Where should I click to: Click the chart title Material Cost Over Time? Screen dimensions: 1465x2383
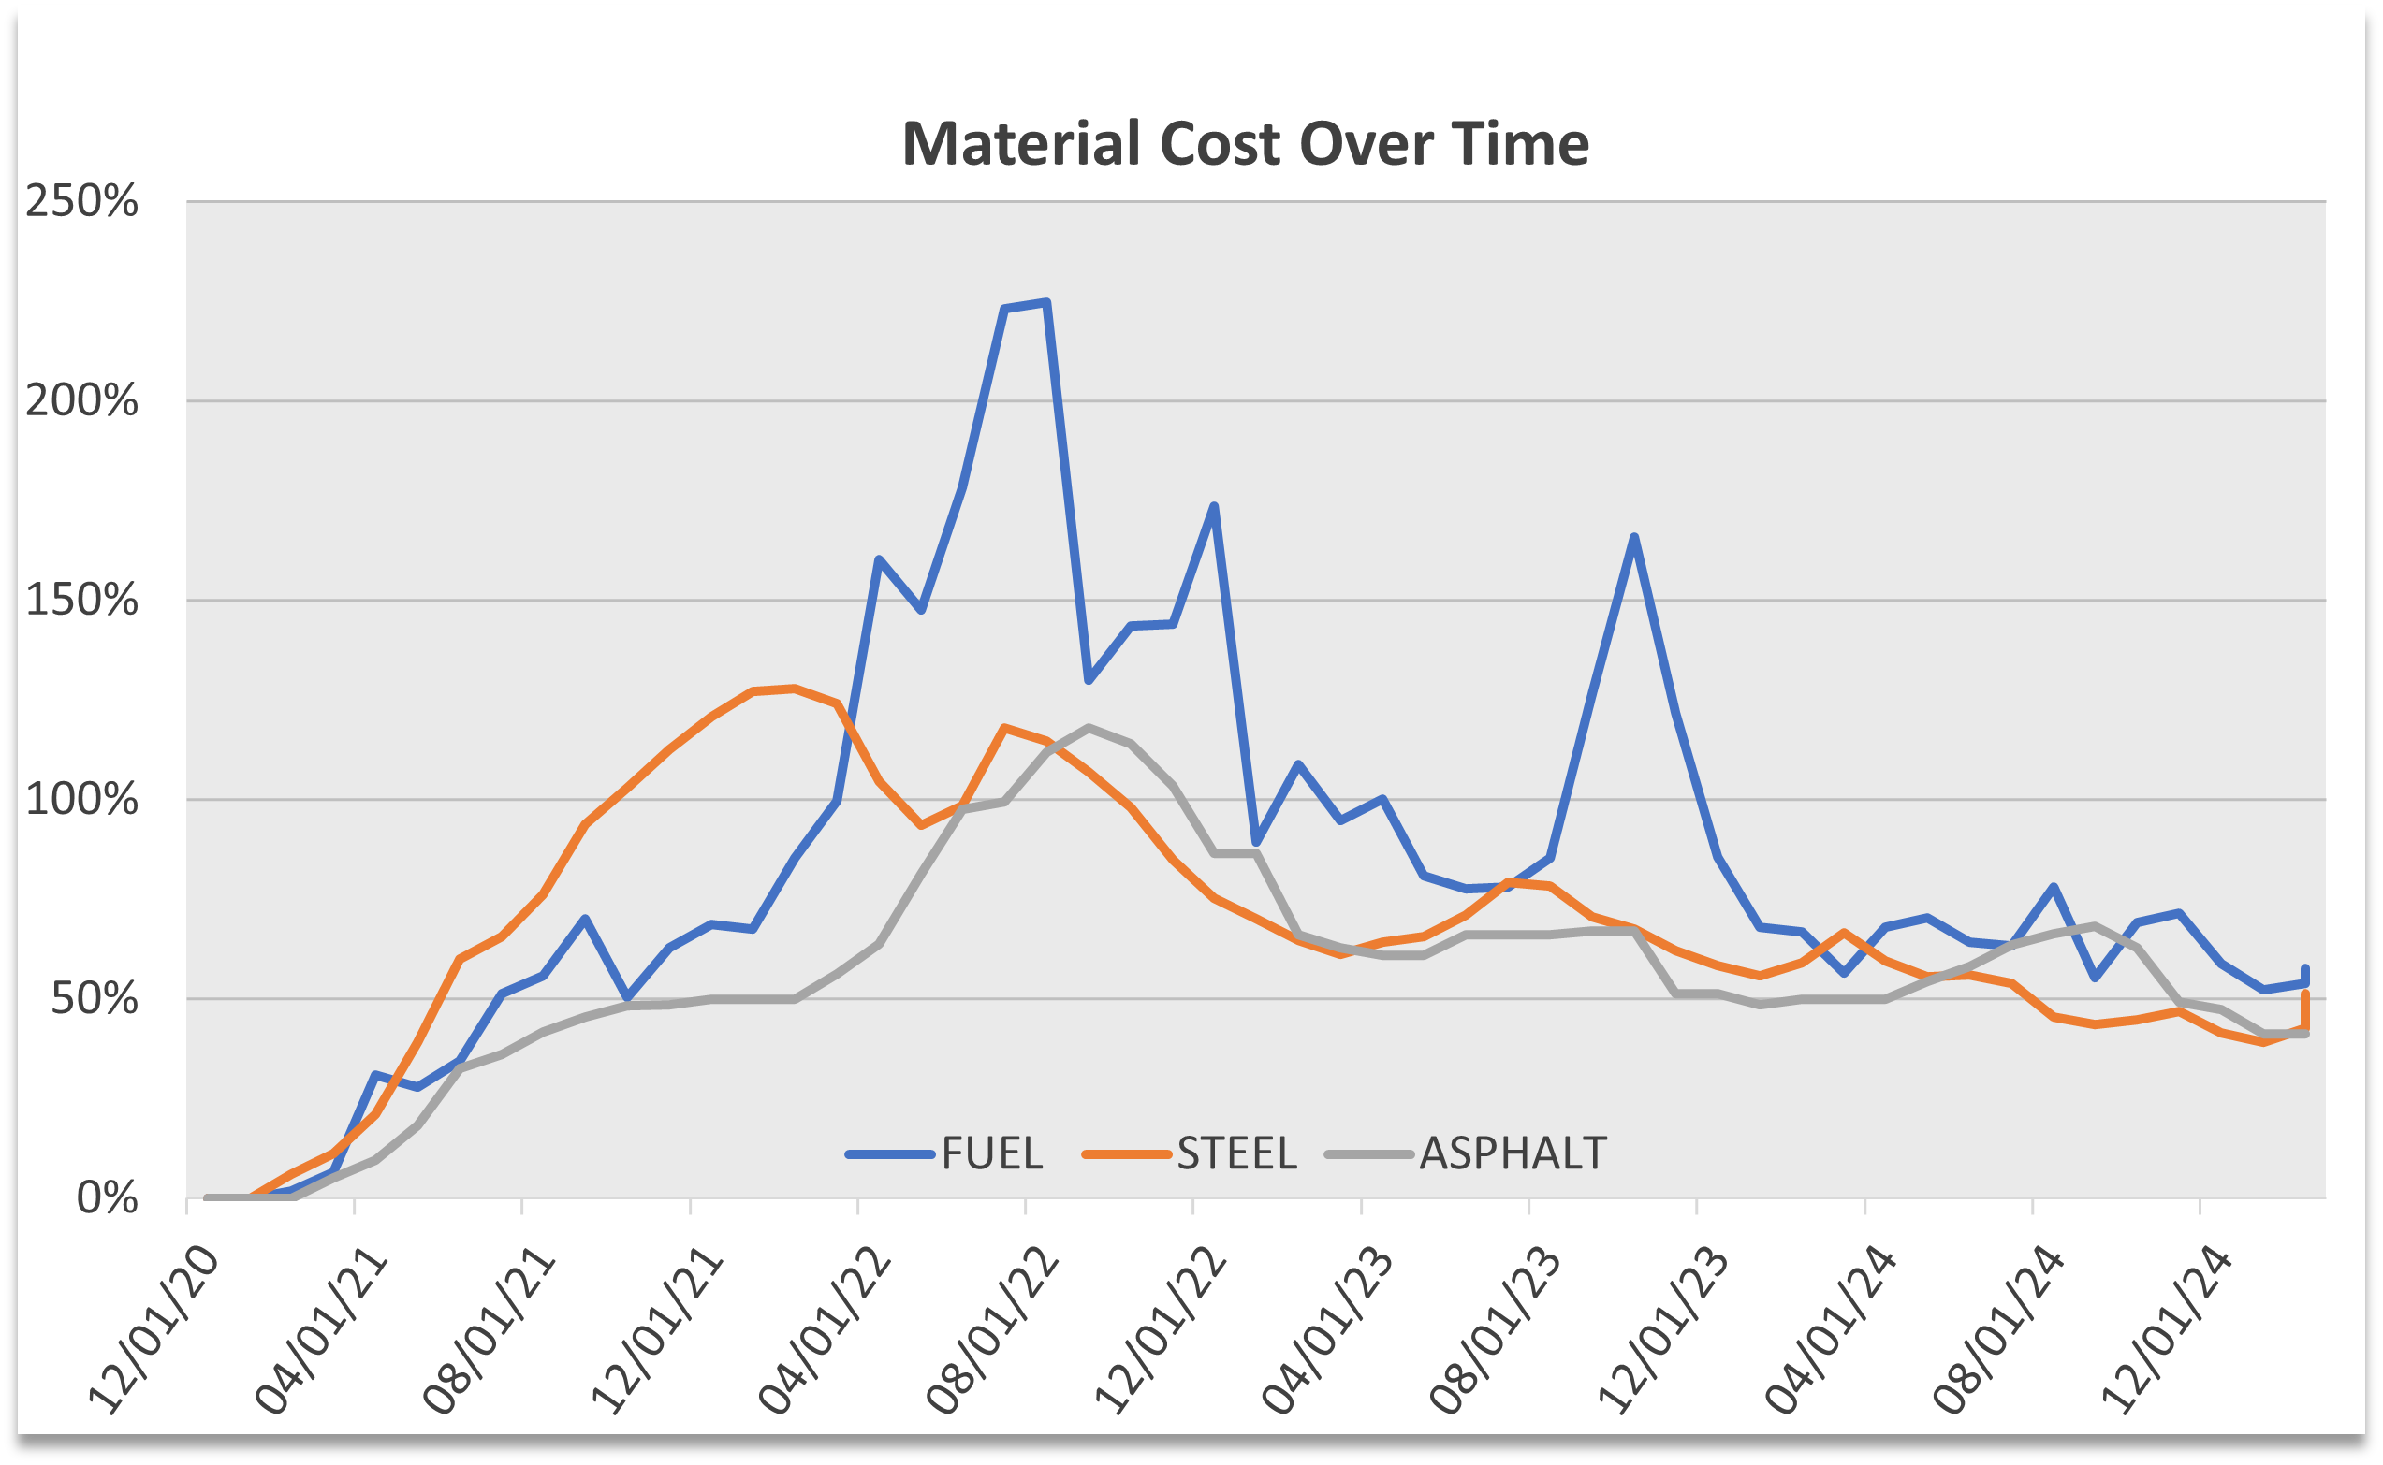coord(1245,143)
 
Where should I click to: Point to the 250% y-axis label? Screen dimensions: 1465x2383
coord(81,201)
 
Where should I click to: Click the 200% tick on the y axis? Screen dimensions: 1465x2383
coord(81,401)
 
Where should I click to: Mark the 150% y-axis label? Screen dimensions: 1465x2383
coord(81,601)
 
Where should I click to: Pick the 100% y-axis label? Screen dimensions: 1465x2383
coord(81,801)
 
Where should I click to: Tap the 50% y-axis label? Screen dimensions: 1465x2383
coord(94,999)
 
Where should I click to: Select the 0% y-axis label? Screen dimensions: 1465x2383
coord(107,1199)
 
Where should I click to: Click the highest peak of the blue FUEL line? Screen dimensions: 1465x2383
coord(1046,303)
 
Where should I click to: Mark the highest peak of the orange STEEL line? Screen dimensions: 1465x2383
coord(795,688)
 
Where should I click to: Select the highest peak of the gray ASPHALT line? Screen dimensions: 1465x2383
coord(1089,727)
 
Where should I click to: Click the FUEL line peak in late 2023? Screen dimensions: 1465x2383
coord(1634,537)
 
